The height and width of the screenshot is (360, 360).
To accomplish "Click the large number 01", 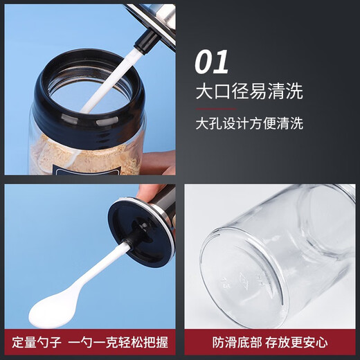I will click(211, 62).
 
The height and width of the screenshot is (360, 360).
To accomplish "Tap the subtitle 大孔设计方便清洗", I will click(248, 124).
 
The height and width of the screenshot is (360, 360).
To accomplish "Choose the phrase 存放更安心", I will click(298, 342).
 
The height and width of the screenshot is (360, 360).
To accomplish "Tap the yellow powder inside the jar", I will click(76, 152).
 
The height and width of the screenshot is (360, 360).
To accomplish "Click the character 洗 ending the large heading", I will click(294, 91).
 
